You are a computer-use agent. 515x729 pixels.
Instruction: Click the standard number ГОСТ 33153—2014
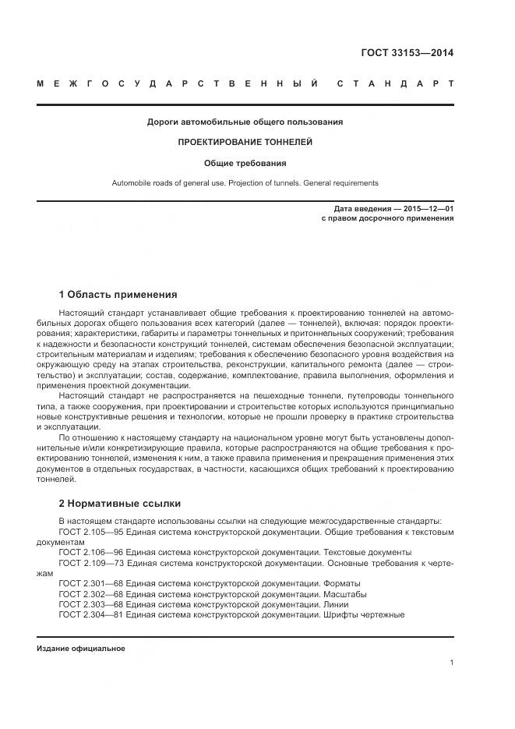407,54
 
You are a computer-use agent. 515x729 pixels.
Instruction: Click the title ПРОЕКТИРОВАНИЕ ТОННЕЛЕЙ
245,143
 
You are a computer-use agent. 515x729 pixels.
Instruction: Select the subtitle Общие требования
245,164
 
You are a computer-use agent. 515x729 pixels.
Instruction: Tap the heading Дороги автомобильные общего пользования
245,122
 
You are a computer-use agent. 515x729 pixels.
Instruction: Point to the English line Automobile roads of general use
245,183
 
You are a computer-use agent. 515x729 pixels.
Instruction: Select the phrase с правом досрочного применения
387,219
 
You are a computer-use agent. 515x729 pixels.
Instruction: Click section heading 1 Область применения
118,295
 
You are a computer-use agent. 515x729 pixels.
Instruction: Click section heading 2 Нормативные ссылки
119,503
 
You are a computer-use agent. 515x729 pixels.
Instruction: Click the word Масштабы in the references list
344,593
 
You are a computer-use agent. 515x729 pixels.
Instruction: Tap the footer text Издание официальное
80,649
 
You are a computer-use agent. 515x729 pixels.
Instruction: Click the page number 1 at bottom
451,663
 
